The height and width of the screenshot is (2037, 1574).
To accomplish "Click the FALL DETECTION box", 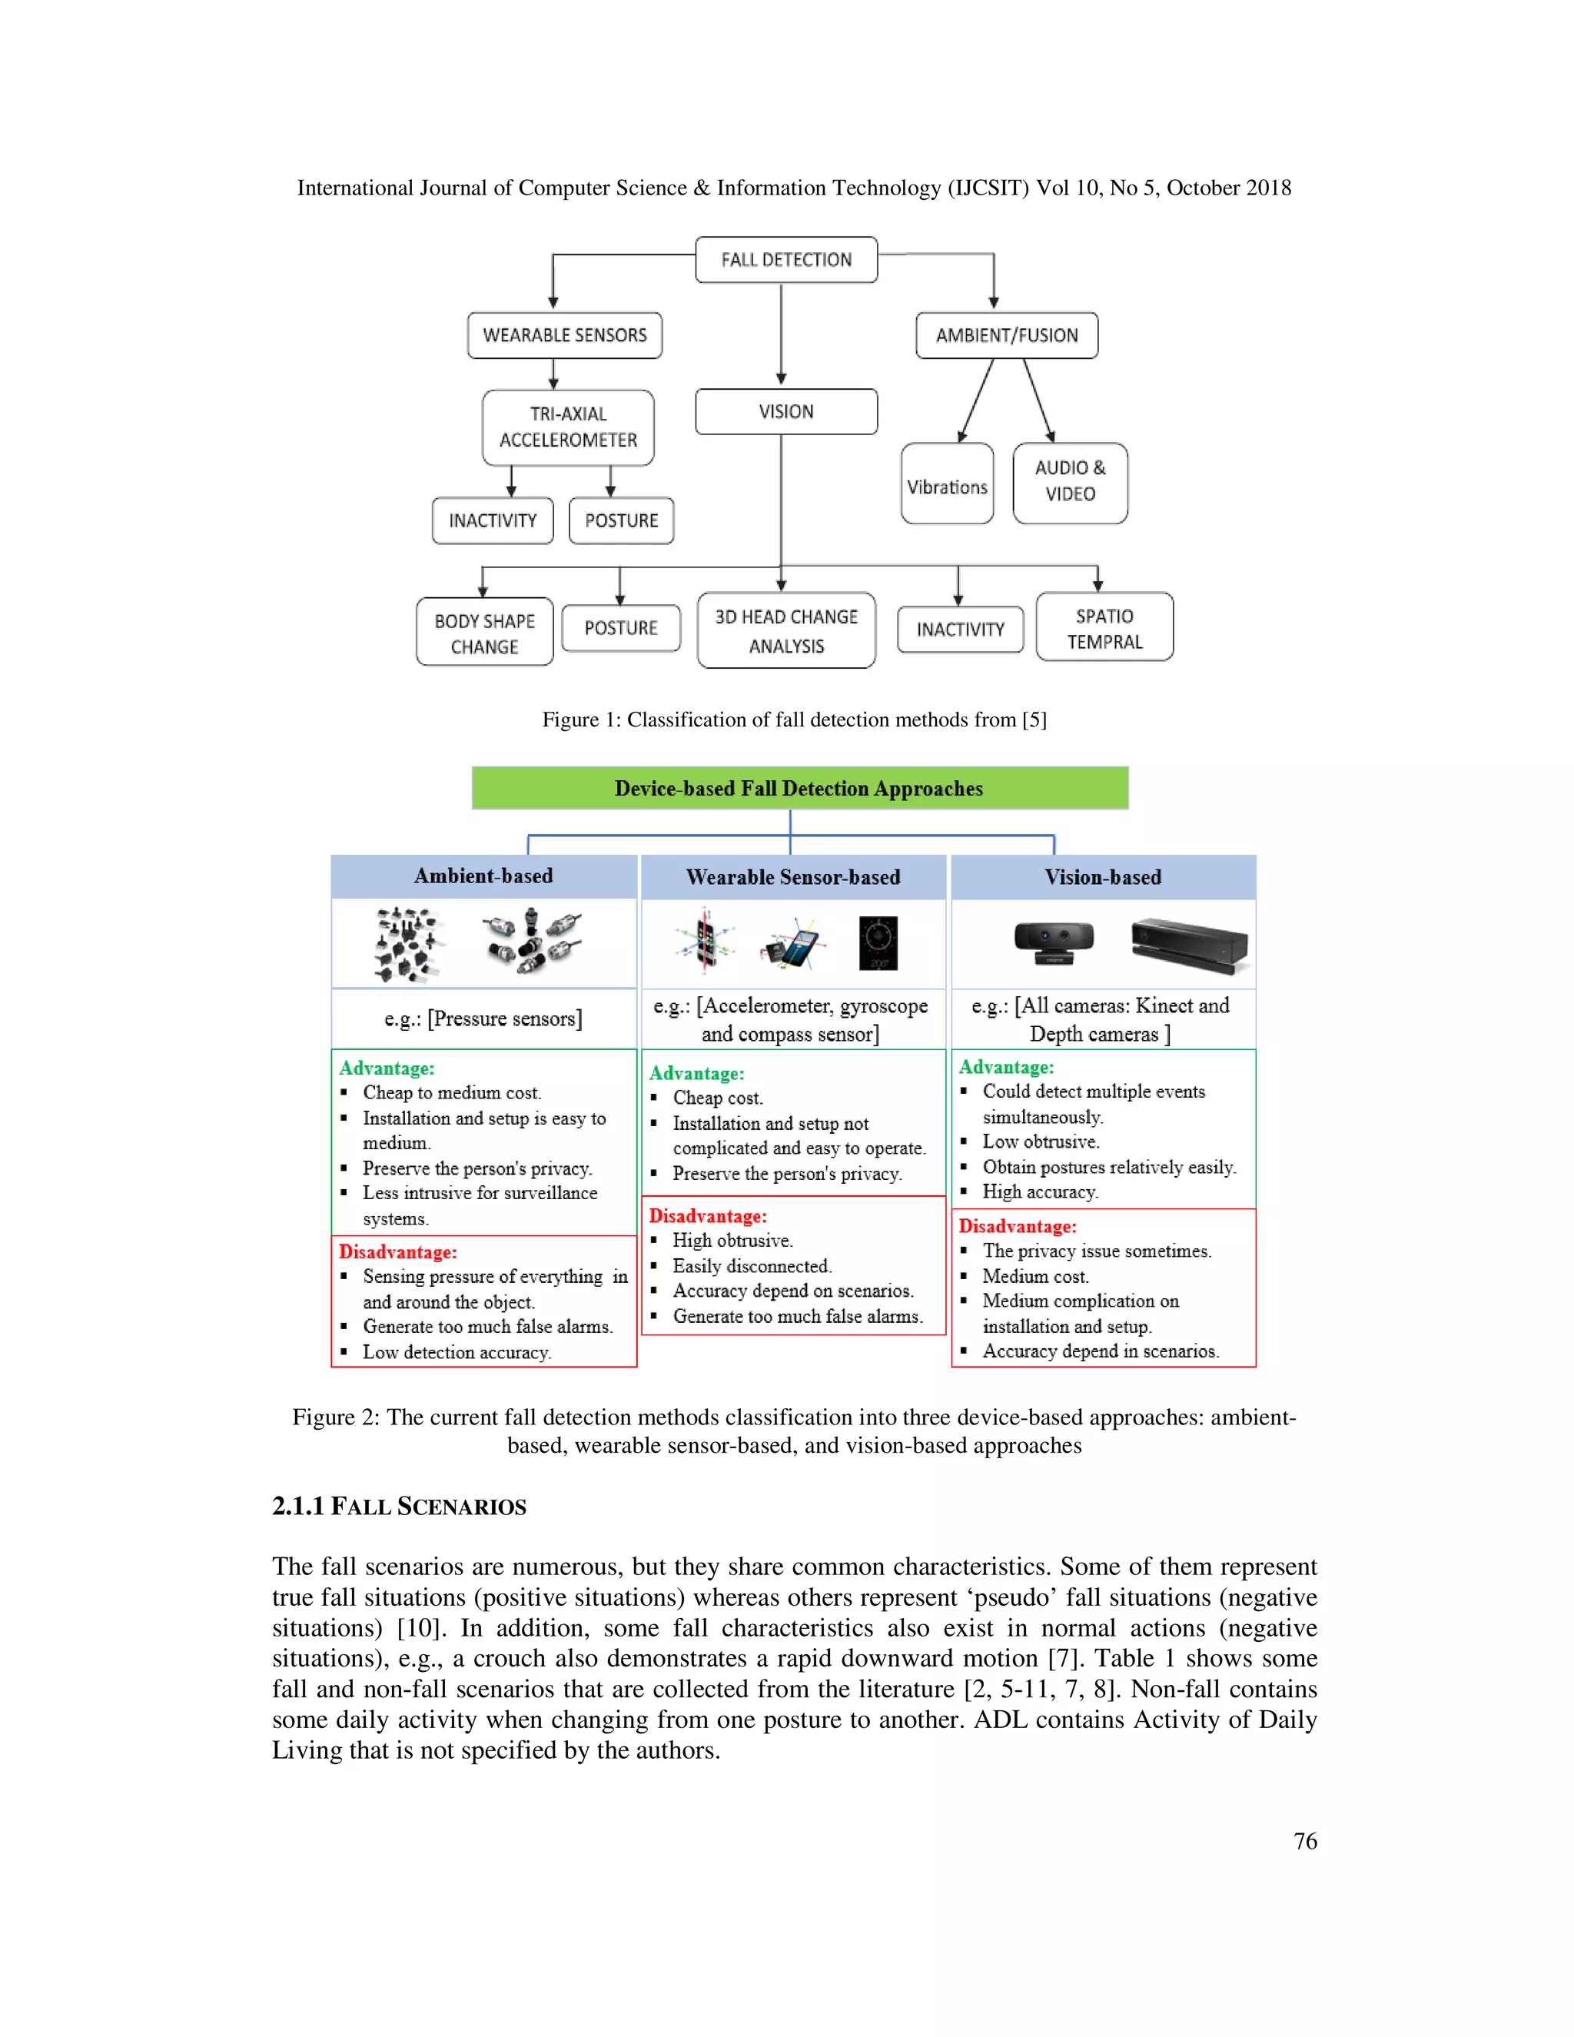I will (786, 259).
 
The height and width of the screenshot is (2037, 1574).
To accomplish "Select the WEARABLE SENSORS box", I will (564, 335).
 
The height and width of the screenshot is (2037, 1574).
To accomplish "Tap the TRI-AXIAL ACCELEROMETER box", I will (568, 427).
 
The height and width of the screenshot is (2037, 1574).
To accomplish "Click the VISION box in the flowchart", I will (786, 411).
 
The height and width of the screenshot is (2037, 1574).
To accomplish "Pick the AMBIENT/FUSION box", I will (1006, 335).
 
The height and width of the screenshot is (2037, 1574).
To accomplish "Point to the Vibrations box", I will (946, 485).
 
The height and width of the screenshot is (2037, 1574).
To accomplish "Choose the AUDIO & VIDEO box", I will (1070, 481).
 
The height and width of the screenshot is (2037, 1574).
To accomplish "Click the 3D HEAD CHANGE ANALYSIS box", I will (786, 630).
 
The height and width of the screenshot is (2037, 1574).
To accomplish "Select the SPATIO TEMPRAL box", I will (1104, 628).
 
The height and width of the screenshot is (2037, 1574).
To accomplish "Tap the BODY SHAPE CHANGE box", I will (484, 633).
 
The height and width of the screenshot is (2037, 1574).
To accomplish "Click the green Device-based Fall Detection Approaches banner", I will (799, 788).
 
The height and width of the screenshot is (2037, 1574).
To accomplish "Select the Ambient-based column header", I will (483, 876).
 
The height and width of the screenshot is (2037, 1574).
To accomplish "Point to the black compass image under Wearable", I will (878, 943).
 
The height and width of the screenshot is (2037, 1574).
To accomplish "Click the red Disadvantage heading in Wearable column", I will (708, 1216).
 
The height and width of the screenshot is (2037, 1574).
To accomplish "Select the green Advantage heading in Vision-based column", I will (1006, 1067).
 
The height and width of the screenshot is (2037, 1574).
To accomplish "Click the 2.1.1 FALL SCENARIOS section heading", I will (399, 1507).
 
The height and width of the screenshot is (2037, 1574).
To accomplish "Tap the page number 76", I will (1304, 1841).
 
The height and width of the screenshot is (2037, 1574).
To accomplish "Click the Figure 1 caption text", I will (795, 719).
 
